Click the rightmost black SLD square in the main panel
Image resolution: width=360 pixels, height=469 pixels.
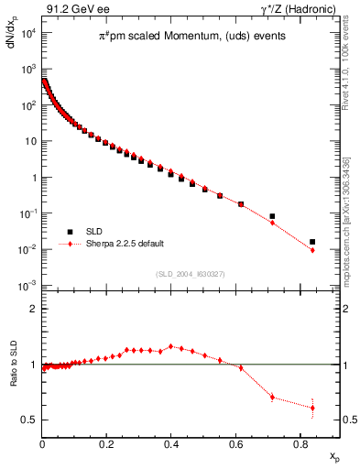(x=312, y=242)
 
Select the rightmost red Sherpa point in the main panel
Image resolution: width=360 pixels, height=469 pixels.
(x=312, y=250)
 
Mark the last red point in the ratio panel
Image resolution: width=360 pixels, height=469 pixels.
(x=312, y=408)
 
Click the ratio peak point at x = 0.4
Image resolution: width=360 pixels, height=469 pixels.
(x=171, y=346)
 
